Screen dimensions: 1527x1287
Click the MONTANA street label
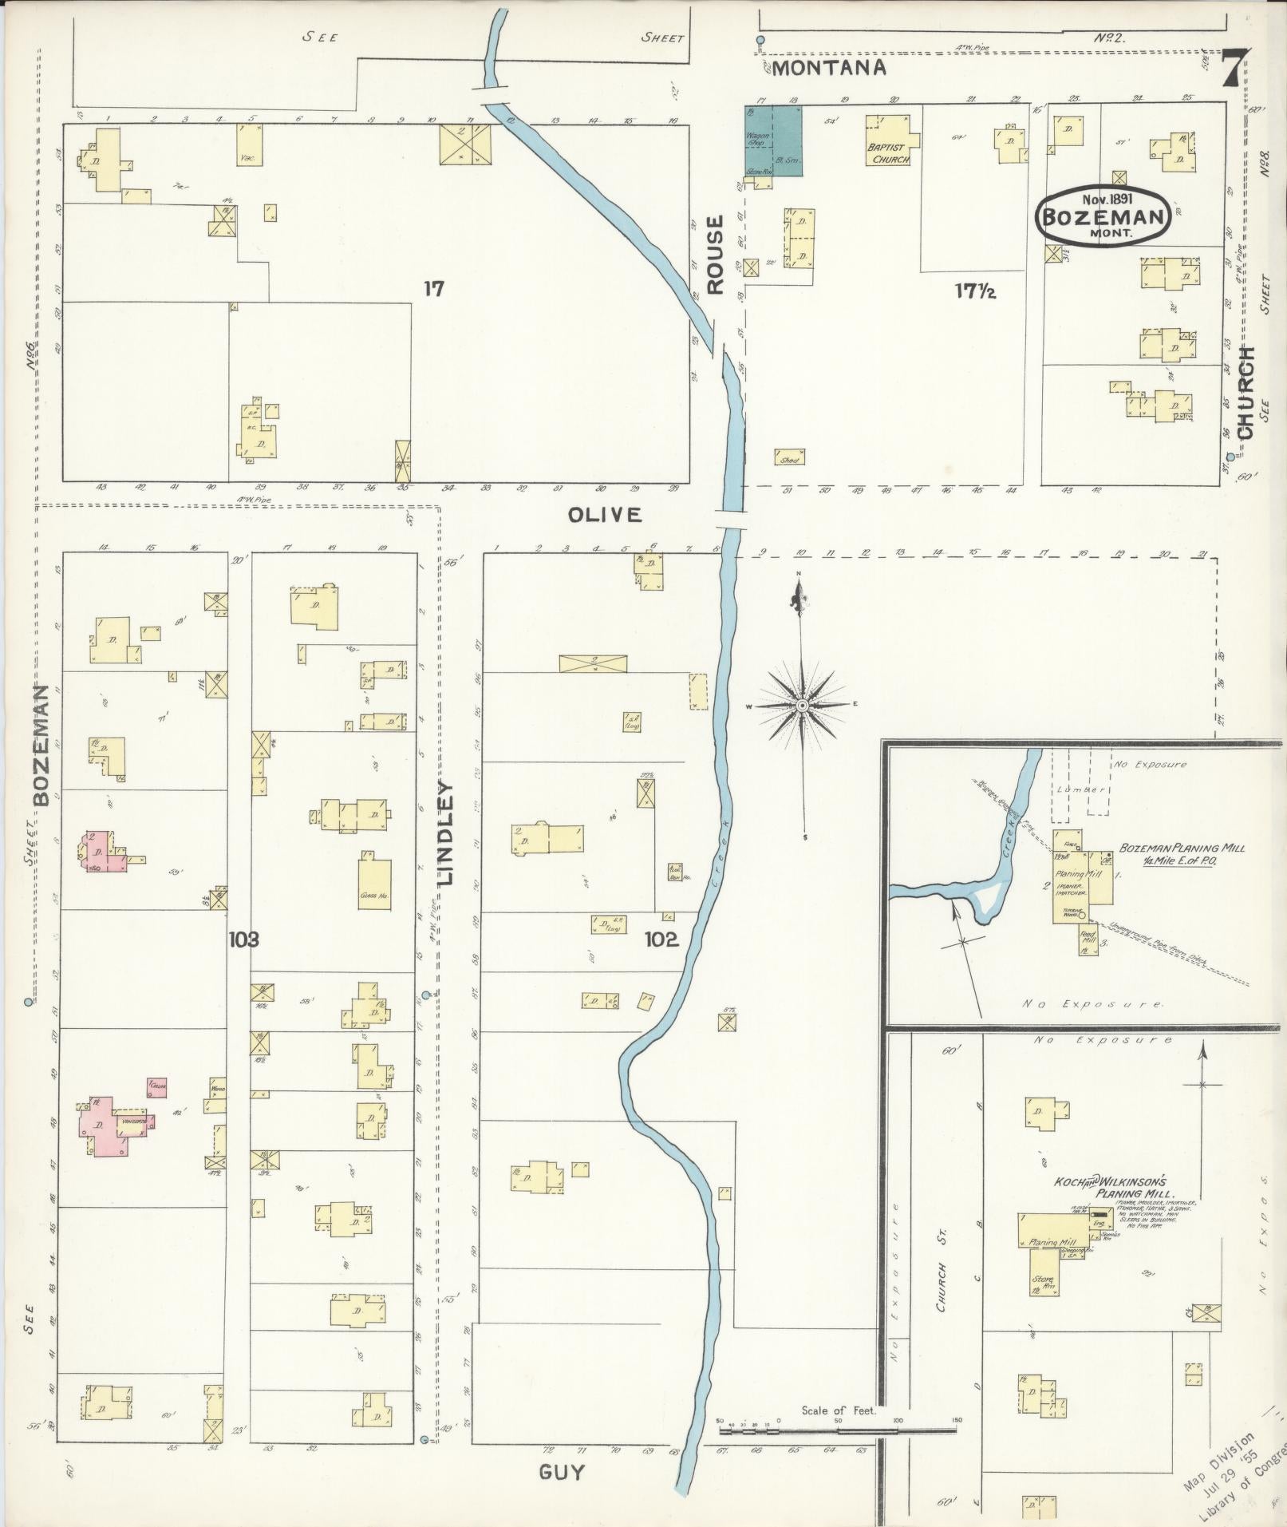tap(828, 68)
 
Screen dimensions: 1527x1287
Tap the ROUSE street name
tap(715, 255)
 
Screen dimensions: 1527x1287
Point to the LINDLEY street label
tap(445, 833)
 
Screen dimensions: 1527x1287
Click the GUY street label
tap(562, 1472)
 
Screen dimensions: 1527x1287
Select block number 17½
tap(975, 291)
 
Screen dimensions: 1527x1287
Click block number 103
tap(243, 940)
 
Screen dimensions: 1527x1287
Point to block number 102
tap(661, 940)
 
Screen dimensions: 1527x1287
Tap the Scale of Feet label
tap(839, 1410)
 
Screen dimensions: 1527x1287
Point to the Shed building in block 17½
tap(789, 457)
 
